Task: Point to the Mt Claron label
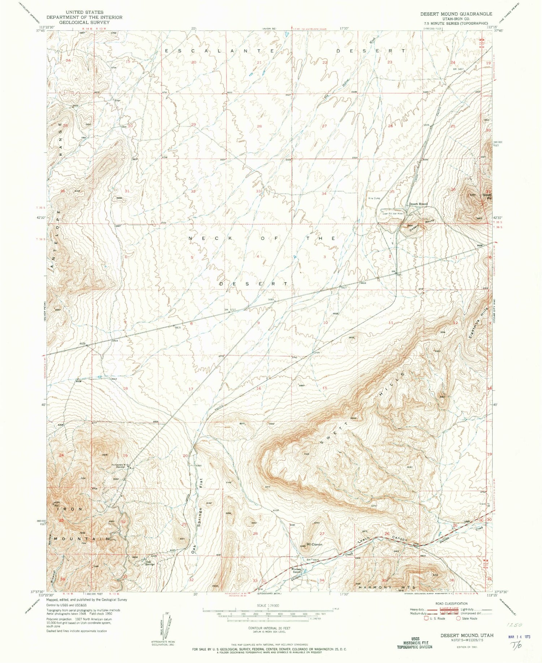(x=314, y=544)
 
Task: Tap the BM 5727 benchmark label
(x=230, y=310)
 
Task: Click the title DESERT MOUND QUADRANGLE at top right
(x=456, y=14)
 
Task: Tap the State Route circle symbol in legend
(x=459, y=619)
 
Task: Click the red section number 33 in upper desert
(x=258, y=191)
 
